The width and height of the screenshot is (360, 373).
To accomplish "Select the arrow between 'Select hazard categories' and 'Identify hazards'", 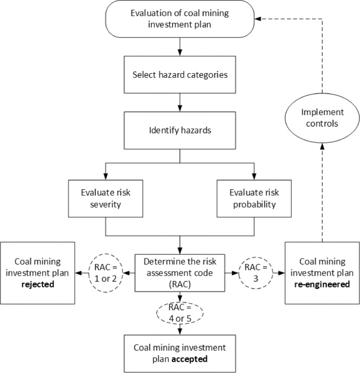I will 180,102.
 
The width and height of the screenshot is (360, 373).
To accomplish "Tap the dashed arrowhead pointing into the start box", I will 257,19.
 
